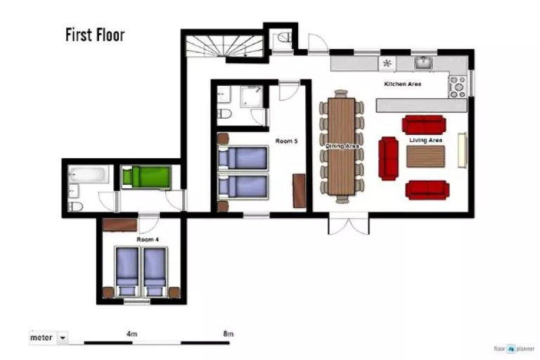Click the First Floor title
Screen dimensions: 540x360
point(95,34)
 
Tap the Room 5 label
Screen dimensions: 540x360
point(287,141)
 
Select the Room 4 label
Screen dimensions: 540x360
point(148,240)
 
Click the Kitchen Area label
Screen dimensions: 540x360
point(403,84)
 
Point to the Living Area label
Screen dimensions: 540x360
point(425,140)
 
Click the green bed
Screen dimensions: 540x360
point(147,177)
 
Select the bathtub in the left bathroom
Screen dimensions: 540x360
point(89,174)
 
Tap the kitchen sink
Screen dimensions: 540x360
point(423,63)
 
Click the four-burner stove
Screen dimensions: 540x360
point(458,86)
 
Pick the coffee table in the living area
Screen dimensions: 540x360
point(425,157)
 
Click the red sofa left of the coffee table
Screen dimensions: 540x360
point(388,158)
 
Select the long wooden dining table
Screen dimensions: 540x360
point(341,146)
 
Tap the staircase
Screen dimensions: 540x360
point(224,46)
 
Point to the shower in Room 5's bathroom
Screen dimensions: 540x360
point(252,96)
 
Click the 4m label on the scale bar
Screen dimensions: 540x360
point(132,334)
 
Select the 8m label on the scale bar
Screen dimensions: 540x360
point(229,334)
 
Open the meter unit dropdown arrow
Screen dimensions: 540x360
point(63,337)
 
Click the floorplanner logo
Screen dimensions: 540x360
point(514,349)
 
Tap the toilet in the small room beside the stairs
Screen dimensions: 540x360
point(284,37)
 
